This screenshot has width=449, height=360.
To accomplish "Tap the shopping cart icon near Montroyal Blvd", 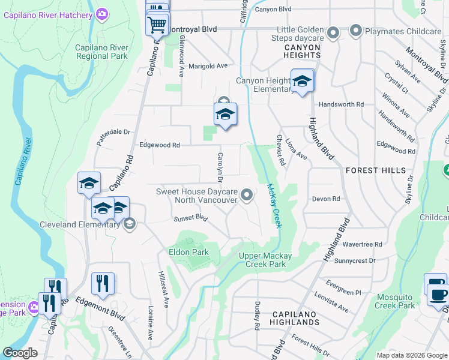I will [157, 25].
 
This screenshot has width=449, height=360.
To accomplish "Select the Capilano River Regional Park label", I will [101, 52].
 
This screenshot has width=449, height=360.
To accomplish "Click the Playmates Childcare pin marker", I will [356, 29].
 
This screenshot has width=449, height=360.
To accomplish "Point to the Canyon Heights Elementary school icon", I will [302, 82].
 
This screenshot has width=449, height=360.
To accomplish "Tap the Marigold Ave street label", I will [208, 66].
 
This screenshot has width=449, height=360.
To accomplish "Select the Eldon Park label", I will [188, 252].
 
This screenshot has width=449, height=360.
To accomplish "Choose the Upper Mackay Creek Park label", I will [265, 260].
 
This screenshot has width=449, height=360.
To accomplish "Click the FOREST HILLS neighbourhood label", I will [376, 170].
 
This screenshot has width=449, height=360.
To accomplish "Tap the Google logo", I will [20, 353].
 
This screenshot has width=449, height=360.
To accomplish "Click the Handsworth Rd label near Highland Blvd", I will [342, 104].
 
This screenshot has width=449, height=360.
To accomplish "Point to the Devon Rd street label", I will [326, 199].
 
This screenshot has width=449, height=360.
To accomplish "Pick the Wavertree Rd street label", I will [362, 244].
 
